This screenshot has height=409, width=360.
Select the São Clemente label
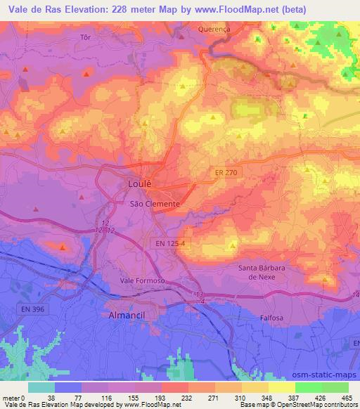click(155, 204)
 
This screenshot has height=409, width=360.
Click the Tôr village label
click(86, 37)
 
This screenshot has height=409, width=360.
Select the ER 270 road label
click(225, 171)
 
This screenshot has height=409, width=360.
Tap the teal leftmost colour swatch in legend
click(41, 387)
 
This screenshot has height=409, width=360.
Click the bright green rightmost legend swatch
click(335, 387)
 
